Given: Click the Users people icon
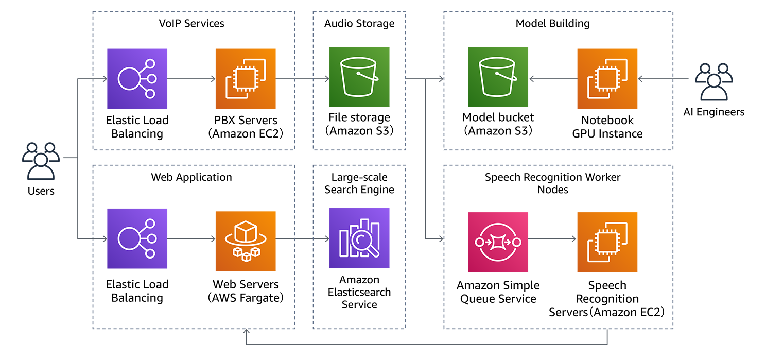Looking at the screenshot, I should pyautogui.click(x=41, y=161).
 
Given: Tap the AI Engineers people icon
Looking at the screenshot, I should pyautogui.click(x=713, y=82).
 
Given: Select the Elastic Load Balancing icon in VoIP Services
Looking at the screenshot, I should pyautogui.click(x=137, y=79).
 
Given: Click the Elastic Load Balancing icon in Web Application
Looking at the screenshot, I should pyautogui.click(x=137, y=238).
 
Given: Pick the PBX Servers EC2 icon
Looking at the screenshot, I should pyautogui.click(x=246, y=79).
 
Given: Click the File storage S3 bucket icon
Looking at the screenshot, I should pyautogui.click(x=359, y=77).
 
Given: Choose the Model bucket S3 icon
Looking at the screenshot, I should pyautogui.click(x=498, y=77).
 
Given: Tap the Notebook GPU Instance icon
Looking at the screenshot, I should pyautogui.click(x=607, y=79).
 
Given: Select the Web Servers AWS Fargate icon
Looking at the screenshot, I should pyautogui.click(x=246, y=238).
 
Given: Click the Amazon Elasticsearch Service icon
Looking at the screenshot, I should pyautogui.click(x=359, y=238).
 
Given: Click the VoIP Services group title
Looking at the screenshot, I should pyautogui.click(x=191, y=23).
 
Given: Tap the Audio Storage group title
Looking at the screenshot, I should pyautogui.click(x=359, y=23).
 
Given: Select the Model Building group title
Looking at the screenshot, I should pyautogui.click(x=552, y=23).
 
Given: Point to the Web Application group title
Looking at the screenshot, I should pyautogui.click(x=191, y=177).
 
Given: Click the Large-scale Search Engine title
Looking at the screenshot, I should pyautogui.click(x=359, y=183).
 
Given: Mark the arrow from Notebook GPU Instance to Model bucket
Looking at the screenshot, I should pyautogui.click(x=553, y=79).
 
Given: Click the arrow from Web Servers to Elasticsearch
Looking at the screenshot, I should pyautogui.click(x=303, y=239).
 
